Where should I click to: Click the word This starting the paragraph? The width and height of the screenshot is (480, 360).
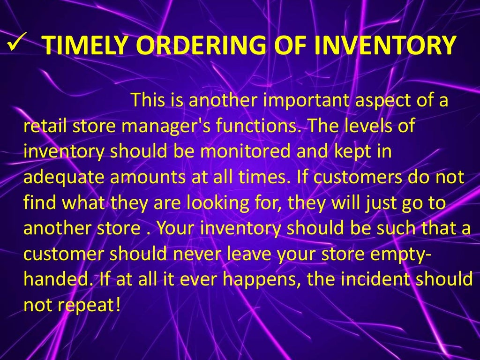click(147, 100)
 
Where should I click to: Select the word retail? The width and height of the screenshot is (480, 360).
click(43, 127)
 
